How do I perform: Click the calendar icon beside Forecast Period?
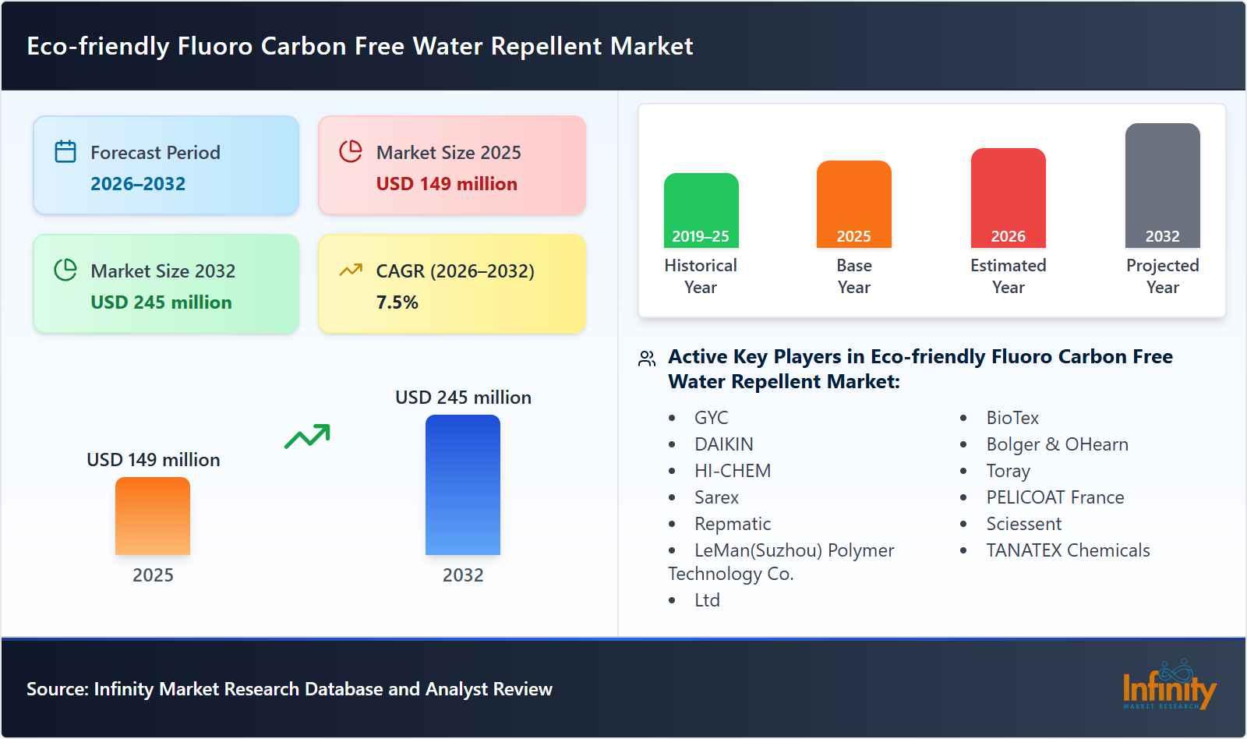[65, 151]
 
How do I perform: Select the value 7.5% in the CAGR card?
[397, 302]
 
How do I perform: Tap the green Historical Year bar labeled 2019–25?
[701, 210]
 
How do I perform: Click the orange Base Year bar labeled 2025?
[853, 203]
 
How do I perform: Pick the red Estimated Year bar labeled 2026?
[1008, 197]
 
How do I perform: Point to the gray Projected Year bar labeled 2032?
[1162, 185]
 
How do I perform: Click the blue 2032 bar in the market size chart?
[462, 484]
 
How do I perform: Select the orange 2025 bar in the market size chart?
[153, 515]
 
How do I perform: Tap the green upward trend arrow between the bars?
[307, 437]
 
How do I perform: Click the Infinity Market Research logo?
[1168, 686]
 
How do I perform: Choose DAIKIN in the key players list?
[723, 444]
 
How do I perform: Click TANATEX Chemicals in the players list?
[1068, 550]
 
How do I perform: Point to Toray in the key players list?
[1008, 471]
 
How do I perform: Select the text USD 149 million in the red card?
[447, 184]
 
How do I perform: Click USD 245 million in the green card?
[161, 302]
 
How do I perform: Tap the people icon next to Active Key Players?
[647, 359]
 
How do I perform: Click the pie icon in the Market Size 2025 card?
[351, 151]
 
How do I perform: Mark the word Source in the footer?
[55, 689]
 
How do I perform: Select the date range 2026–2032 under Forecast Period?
[138, 184]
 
